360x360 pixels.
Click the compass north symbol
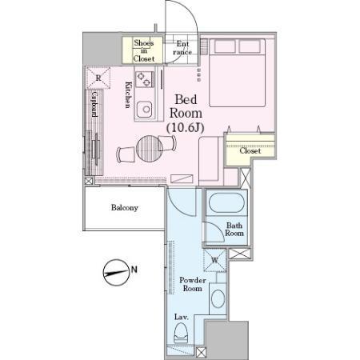click(x=117, y=273)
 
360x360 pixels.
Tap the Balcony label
click(x=125, y=208)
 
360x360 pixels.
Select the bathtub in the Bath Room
click(x=226, y=203)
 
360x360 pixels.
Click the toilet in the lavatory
click(x=181, y=334)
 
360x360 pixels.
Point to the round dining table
click(x=150, y=149)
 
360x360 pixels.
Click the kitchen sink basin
click(x=145, y=109)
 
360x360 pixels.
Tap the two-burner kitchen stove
click(x=145, y=79)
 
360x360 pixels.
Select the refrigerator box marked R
click(x=98, y=78)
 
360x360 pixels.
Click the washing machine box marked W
click(x=215, y=260)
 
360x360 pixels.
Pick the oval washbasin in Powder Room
click(x=218, y=298)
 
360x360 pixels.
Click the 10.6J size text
click(x=186, y=128)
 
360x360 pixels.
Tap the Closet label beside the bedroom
click(x=250, y=151)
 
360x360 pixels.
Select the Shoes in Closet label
click(x=144, y=50)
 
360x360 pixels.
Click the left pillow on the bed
click(x=225, y=46)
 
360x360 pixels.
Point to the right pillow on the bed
click(x=250, y=46)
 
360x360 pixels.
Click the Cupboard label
click(x=94, y=104)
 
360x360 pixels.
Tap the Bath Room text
click(x=234, y=230)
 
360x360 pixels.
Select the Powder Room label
click(x=193, y=284)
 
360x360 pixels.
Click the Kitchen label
click(x=129, y=95)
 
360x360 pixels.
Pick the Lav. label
click(x=182, y=317)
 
